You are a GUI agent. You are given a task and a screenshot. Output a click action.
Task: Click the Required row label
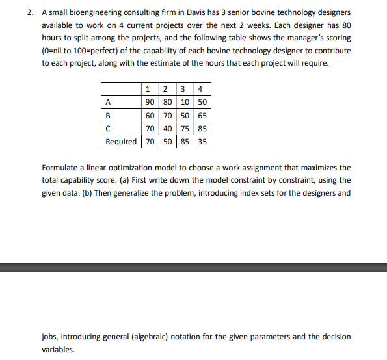coord(121,141)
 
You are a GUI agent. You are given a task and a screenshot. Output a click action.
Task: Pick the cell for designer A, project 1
coord(149,102)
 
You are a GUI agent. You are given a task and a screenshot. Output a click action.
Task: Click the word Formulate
coord(62,168)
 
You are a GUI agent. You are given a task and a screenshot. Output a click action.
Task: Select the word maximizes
coord(317,168)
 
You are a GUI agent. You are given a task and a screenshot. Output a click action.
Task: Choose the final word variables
coord(59,349)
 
